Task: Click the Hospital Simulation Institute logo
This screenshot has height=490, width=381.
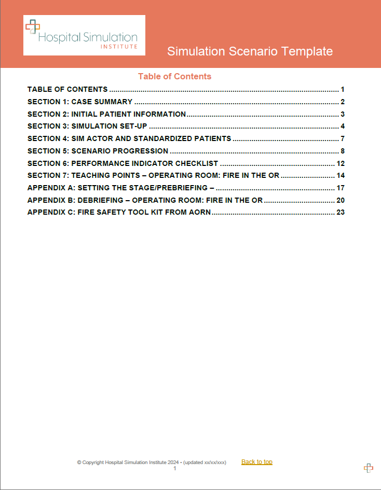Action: pyautogui.click(x=84, y=35)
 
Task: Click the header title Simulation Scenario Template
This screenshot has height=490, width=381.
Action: pyautogui.click(x=250, y=51)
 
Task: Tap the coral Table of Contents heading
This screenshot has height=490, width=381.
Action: pyautogui.click(x=174, y=76)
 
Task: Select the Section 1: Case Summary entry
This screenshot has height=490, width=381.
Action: pyautogui.click(x=80, y=102)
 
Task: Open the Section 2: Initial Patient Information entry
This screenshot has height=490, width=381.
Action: pyautogui.click(x=106, y=114)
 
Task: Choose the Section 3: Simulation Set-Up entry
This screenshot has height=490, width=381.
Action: pyautogui.click(x=88, y=126)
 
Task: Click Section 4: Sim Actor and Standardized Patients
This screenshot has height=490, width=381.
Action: pyautogui.click(x=129, y=138)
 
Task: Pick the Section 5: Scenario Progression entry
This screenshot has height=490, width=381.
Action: pyautogui.click(x=98, y=151)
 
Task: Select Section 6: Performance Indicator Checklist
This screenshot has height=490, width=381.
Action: pyautogui.click(x=123, y=163)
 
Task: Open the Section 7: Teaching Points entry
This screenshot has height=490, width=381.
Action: pyautogui.click(x=153, y=175)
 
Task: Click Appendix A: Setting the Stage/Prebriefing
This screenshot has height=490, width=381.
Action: pyautogui.click(x=121, y=188)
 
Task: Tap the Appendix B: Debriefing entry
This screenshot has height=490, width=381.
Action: pyautogui.click(x=145, y=200)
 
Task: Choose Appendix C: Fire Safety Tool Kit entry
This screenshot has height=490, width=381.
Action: pyautogui.click(x=119, y=212)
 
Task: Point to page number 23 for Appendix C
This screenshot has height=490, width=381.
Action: pyautogui.click(x=341, y=212)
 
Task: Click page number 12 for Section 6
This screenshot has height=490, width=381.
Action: pyautogui.click(x=341, y=163)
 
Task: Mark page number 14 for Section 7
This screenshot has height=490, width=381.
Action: pyautogui.click(x=341, y=175)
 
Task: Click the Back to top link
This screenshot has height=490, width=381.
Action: pyautogui.click(x=256, y=462)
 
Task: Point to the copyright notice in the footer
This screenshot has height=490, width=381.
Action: pyautogui.click(x=151, y=463)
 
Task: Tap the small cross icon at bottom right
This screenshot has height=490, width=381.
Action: pyautogui.click(x=368, y=468)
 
